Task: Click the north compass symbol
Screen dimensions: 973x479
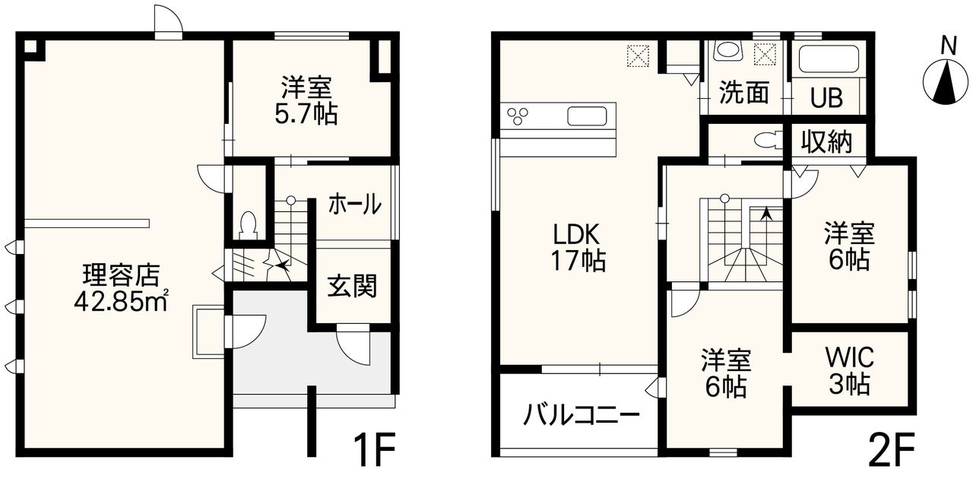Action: tap(946, 81)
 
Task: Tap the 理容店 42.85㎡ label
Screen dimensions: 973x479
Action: tap(121, 287)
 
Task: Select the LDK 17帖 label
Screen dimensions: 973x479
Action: tap(578, 247)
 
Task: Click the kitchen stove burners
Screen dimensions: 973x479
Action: tap(518, 116)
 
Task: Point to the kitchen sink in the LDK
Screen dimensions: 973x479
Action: tap(587, 116)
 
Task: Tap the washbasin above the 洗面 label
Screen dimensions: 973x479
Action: tap(728, 50)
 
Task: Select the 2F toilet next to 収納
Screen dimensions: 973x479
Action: tap(769, 140)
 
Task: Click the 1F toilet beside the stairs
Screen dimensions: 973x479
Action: tap(249, 224)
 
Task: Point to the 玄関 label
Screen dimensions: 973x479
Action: tap(352, 286)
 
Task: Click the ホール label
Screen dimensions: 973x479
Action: tap(355, 205)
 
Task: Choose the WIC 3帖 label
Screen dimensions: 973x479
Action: tap(850, 371)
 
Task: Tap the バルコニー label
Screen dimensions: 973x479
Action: tap(582, 414)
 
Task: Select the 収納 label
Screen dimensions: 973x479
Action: tap(826, 141)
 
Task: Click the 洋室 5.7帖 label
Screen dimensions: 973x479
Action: tap(306, 100)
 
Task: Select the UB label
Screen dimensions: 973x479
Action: tap(826, 98)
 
